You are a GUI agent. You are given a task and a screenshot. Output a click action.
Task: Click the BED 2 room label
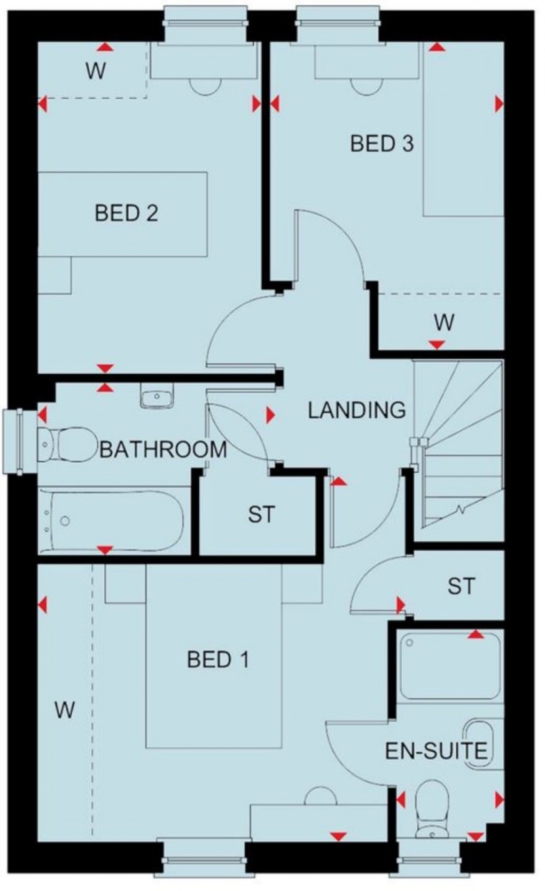tap(126, 214)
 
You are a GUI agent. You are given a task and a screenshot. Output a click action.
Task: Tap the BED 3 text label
tap(381, 144)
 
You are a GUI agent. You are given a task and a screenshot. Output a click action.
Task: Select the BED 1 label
tap(217, 660)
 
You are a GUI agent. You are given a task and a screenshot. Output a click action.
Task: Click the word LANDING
tap(356, 410)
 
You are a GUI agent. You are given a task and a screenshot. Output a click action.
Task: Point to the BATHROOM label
tap(163, 450)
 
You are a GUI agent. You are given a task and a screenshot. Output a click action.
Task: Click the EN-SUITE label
tap(437, 751)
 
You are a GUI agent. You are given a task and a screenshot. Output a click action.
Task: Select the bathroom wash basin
tap(157, 397)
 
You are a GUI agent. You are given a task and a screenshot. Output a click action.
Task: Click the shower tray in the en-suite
tap(450, 665)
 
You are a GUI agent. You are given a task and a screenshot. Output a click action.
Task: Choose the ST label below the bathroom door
tap(261, 515)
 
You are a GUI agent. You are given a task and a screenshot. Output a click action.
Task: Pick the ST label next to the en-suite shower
tap(461, 587)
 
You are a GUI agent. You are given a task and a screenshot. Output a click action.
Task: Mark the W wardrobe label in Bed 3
tap(444, 322)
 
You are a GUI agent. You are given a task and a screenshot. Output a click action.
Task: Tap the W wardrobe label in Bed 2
tap(95, 71)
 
